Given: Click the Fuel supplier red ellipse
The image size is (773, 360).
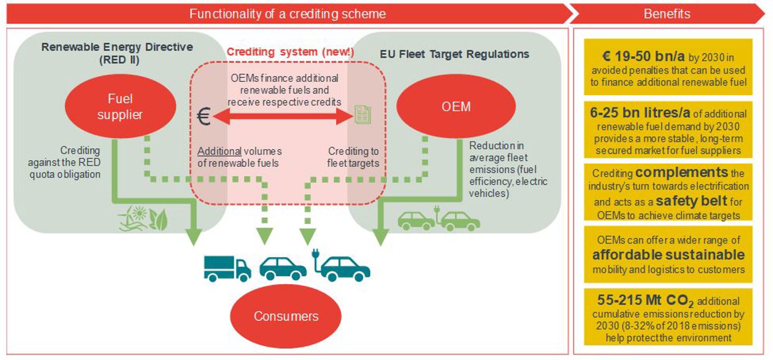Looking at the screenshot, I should pyautogui.click(x=120, y=106).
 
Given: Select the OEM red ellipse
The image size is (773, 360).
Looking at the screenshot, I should pyautogui.click(x=456, y=106).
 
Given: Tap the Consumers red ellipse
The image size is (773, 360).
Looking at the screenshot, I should pyautogui.click(x=285, y=316).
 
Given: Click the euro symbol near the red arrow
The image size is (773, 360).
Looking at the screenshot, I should pyautogui.click(x=204, y=117).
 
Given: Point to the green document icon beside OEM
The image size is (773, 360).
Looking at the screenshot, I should pyautogui.click(x=362, y=115).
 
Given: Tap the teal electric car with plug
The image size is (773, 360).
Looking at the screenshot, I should pyautogui.click(x=342, y=266).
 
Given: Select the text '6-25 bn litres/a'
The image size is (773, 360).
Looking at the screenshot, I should pyautogui.click(x=640, y=113).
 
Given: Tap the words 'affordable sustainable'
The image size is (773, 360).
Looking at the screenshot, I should pyautogui.click(x=668, y=255).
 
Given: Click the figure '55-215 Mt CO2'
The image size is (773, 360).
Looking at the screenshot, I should pyautogui.click(x=645, y=300).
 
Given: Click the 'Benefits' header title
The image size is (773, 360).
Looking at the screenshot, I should pyautogui.click(x=667, y=14).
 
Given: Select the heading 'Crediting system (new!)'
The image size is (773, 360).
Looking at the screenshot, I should pyautogui.click(x=290, y=52).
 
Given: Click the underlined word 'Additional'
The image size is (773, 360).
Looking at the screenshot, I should pyautogui.click(x=219, y=151).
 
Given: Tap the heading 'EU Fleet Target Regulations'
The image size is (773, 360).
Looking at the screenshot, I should pyautogui.click(x=454, y=54).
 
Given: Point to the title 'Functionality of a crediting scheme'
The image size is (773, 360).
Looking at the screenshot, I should pyautogui.click(x=287, y=14).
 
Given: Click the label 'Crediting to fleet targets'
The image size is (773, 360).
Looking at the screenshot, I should pyautogui.click(x=353, y=157).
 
